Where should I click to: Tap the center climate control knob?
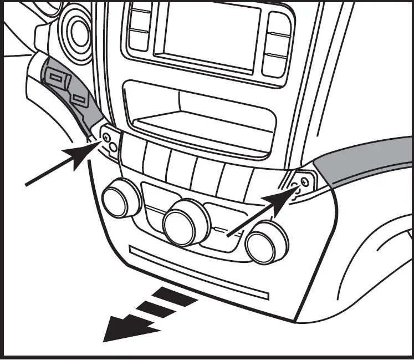pyautogui.click(x=186, y=222)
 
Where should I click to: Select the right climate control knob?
pyautogui.click(x=267, y=243)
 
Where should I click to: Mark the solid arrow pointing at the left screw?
pyautogui.click(x=61, y=165)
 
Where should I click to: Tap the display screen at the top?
pyautogui.click(x=211, y=34)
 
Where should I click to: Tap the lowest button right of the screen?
pyautogui.click(x=275, y=64)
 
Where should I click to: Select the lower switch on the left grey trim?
pyautogui.click(x=80, y=100)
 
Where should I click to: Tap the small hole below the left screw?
pyautogui.click(x=113, y=147)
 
